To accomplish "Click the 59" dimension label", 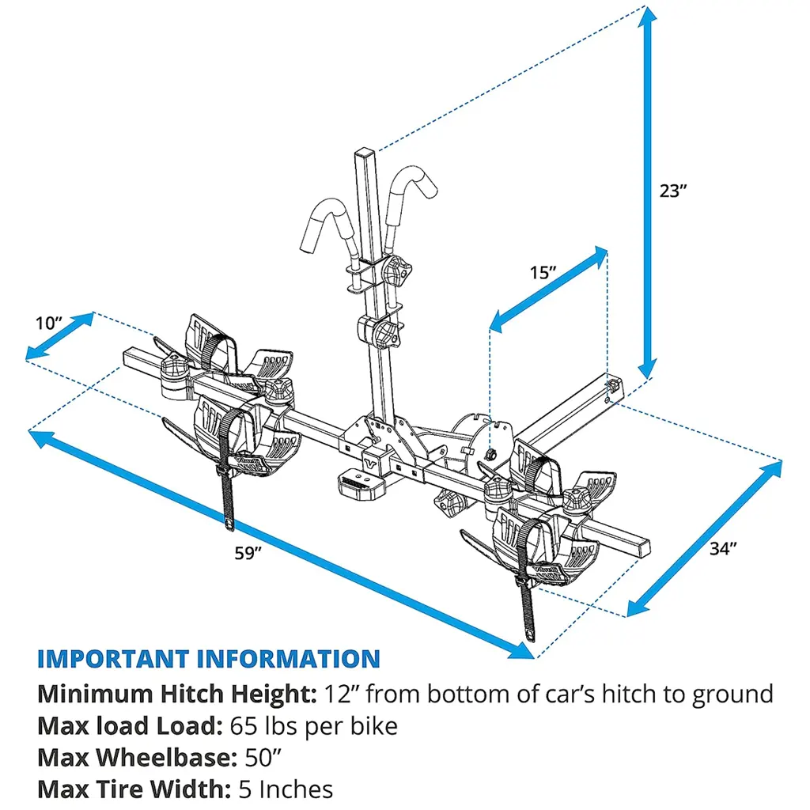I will click(248, 553).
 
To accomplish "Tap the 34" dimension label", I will click(723, 548).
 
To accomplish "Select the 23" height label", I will click(673, 190).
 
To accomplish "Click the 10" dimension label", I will click(49, 323).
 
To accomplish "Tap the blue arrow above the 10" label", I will click(60, 336).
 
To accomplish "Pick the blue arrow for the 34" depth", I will click(704, 537).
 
